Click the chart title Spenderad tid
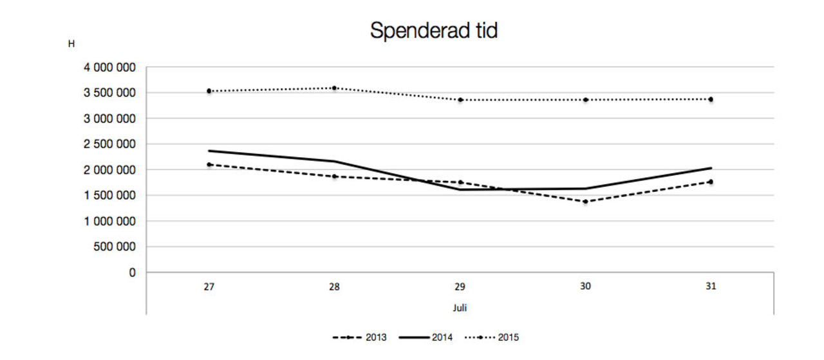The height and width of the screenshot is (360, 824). coord(433,31)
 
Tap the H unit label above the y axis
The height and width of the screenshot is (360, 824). coord(71,44)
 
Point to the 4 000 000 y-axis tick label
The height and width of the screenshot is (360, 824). coord(109,68)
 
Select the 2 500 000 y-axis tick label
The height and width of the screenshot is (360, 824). coord(109,144)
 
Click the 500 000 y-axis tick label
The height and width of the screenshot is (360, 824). coord(114,247)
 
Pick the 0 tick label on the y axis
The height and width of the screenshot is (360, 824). coord(133,272)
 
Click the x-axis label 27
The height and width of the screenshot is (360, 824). coord(209,287)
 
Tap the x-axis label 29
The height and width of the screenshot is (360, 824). coord(460,287)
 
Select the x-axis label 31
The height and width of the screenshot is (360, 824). coord(710,287)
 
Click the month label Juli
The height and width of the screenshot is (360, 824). coord(460,308)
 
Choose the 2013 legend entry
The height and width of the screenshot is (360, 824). coord(360,337)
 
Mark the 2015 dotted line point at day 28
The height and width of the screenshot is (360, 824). coord(334,88)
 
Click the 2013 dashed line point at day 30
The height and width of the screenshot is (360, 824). coord(585,202)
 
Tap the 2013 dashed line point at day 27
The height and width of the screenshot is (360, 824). coord(209,165)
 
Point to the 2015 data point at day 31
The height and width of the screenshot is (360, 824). coord(711,99)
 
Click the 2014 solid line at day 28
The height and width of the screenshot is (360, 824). coord(334,162)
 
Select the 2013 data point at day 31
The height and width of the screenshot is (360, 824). coord(711,182)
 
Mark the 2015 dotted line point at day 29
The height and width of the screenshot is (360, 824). coord(460,100)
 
